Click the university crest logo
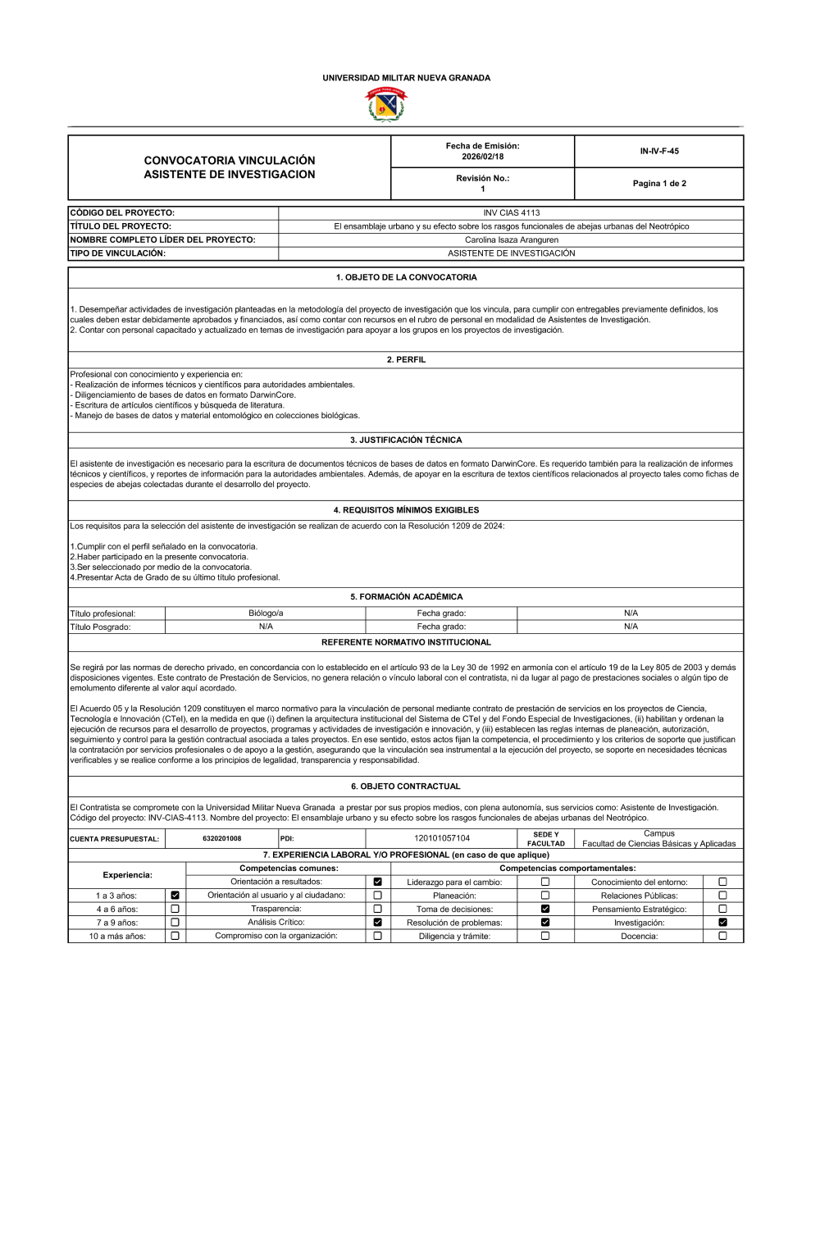tap(385, 105)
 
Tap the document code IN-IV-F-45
tap(659, 151)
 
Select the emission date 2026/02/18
tap(482, 157)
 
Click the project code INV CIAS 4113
tap(511, 213)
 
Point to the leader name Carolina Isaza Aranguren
tap(511, 240)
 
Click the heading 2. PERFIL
tap(406, 359)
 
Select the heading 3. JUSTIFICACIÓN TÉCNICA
tap(406, 440)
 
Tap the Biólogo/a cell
tap(266, 613)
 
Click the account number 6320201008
tap(221, 838)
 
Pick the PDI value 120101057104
tap(442, 838)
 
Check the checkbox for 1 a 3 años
tap(175, 896)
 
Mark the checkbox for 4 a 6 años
tap(175, 909)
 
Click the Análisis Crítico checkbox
tap(377, 923)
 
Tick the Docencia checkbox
tap(722, 936)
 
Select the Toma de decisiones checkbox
tap(545, 909)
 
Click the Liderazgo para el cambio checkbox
tap(545, 882)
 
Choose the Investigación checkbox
tap(722, 923)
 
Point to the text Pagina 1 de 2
tap(659, 184)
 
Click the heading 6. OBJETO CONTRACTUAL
tap(406, 787)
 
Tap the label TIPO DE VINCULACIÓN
tap(118, 253)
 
